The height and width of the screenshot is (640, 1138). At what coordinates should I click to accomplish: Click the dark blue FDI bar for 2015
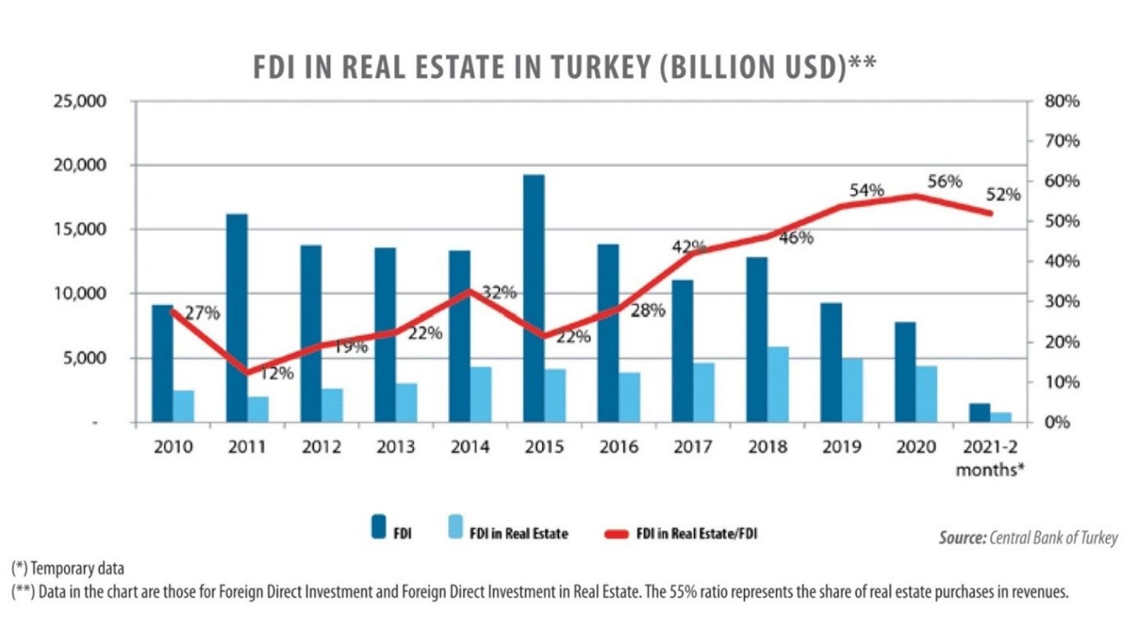pos(533,299)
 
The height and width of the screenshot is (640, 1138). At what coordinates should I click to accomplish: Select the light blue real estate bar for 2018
pos(778,385)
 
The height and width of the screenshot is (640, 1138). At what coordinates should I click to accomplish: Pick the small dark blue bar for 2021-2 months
pos(979,412)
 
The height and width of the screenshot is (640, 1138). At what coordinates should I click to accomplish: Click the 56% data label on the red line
pos(944,182)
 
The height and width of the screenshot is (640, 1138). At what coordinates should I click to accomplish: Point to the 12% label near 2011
pos(277,373)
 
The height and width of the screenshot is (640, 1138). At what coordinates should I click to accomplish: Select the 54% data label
pos(866,191)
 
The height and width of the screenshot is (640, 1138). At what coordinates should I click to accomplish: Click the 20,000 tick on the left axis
pos(80,165)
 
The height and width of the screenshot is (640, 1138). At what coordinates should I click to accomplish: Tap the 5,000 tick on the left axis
pos(85,358)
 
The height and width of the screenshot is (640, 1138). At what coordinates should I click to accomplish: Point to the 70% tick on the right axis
pos(1061,141)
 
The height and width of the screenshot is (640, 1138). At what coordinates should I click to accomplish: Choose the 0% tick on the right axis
pos(1057,422)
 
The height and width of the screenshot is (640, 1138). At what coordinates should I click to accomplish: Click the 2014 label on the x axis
pos(469,447)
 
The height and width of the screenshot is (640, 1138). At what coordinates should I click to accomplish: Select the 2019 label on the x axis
pos(841,447)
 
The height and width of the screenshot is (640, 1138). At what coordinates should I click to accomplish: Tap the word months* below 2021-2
pos(989,469)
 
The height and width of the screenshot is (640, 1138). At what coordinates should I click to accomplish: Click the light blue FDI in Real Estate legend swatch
pos(455,527)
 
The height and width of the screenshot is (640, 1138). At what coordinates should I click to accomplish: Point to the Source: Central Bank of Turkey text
pos(1028,538)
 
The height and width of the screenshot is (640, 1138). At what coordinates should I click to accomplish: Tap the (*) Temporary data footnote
pos(68,568)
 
